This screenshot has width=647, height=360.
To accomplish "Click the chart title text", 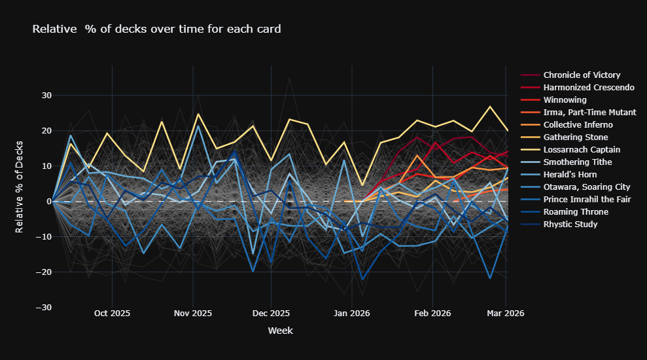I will point(157,29).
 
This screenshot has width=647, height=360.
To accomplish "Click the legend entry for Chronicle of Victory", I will point(582,75).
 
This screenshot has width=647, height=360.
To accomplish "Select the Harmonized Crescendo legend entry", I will point(588,88).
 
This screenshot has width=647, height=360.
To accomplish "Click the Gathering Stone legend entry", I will point(576,137).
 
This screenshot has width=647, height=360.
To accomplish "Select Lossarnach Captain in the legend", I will point(582,150).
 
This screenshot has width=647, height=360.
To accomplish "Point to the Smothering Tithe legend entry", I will point(578,162).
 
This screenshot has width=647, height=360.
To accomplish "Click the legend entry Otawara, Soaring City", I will point(586,187).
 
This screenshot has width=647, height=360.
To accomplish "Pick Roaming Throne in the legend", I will point(576,212).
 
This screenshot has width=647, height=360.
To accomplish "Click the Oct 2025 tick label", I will point(112,314).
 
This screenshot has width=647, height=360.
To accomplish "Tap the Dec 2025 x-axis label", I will point(271,314).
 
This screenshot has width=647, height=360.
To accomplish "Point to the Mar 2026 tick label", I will point(506,314).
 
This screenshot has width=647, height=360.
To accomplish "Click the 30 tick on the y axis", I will point(46,96).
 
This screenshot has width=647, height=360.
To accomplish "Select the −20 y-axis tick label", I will point(43,272).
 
